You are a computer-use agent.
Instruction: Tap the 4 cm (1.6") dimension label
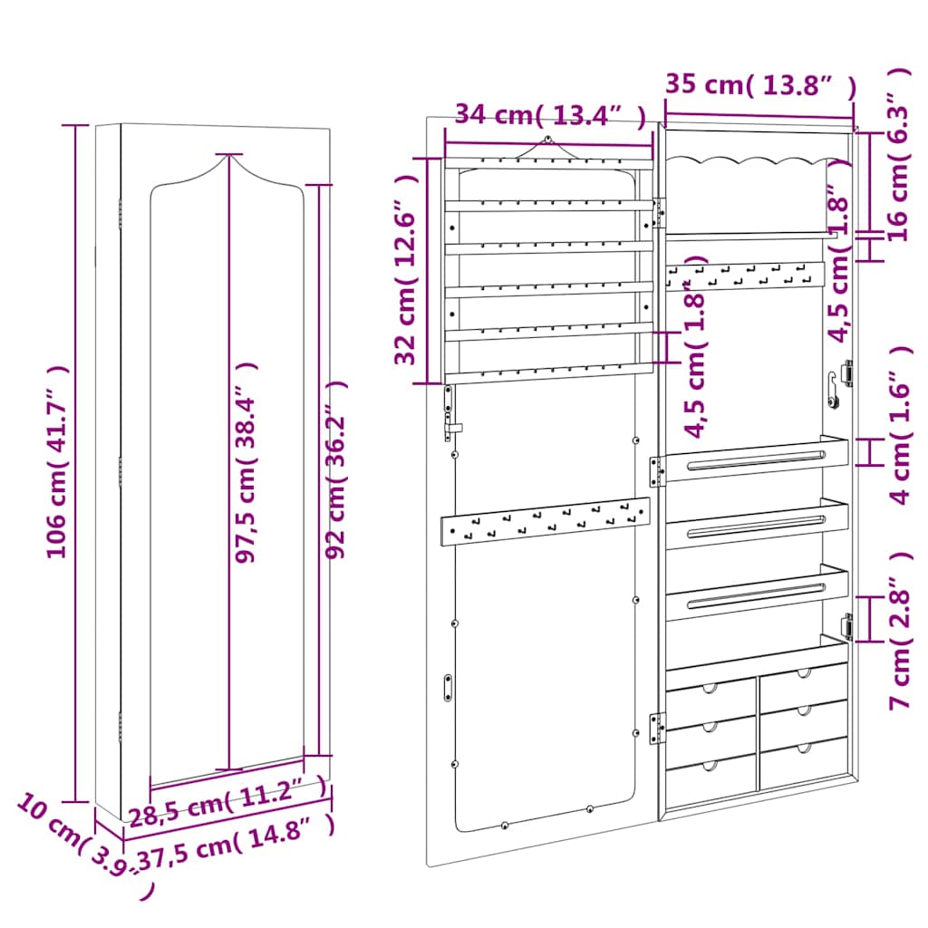(899, 426)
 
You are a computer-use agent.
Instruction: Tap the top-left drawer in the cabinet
(711, 694)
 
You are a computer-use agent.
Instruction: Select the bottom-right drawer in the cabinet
(804, 761)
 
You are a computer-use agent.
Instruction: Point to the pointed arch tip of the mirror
(227, 156)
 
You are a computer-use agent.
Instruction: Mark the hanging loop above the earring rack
(548, 140)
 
